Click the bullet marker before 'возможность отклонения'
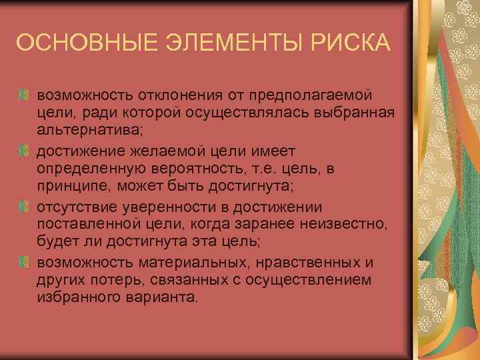[25, 97]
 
